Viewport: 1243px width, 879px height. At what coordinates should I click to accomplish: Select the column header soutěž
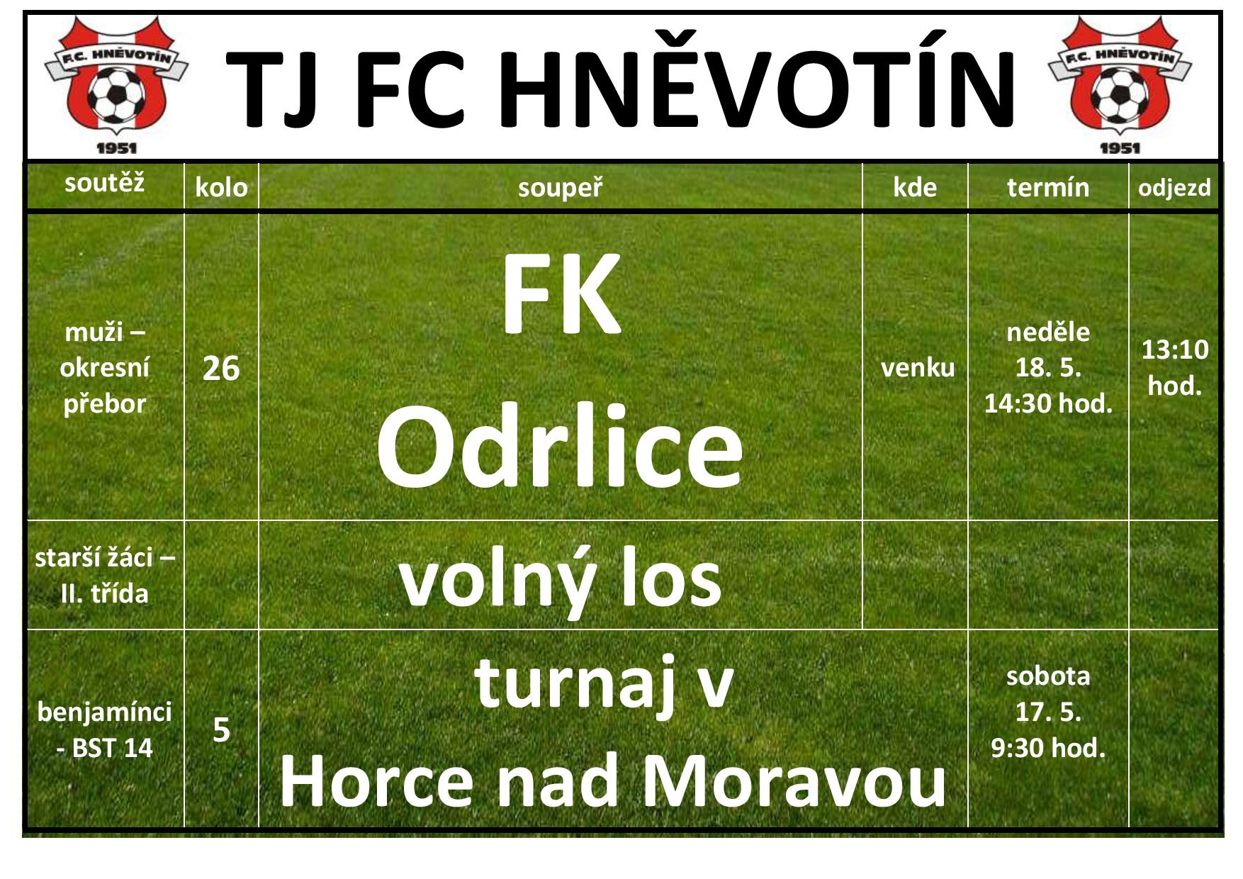click(x=105, y=184)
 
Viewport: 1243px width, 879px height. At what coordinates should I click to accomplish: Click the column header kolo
click(x=221, y=188)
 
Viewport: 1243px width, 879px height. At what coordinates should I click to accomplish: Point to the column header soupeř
click(x=560, y=188)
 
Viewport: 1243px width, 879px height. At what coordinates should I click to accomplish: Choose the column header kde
click(x=915, y=188)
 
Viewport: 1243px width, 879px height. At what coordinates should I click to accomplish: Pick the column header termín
click(x=1048, y=187)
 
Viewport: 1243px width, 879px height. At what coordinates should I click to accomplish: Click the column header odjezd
click(x=1174, y=188)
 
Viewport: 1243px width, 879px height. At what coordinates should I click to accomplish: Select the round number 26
click(x=221, y=369)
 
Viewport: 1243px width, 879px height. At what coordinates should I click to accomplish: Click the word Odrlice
click(x=560, y=447)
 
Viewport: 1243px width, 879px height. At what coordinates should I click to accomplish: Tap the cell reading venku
click(x=918, y=368)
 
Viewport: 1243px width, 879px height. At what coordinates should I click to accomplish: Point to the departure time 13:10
click(x=1175, y=350)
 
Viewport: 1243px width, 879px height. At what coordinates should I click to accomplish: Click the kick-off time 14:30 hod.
click(x=1048, y=404)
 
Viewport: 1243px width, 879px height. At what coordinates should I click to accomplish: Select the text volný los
click(x=560, y=580)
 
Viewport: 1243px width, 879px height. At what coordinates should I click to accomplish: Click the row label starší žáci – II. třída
click(x=105, y=576)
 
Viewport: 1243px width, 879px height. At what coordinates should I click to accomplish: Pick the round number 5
click(x=221, y=730)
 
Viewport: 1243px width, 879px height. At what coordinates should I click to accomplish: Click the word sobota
click(x=1048, y=676)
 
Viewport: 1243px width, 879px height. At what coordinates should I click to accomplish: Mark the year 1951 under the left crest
click(x=116, y=149)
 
